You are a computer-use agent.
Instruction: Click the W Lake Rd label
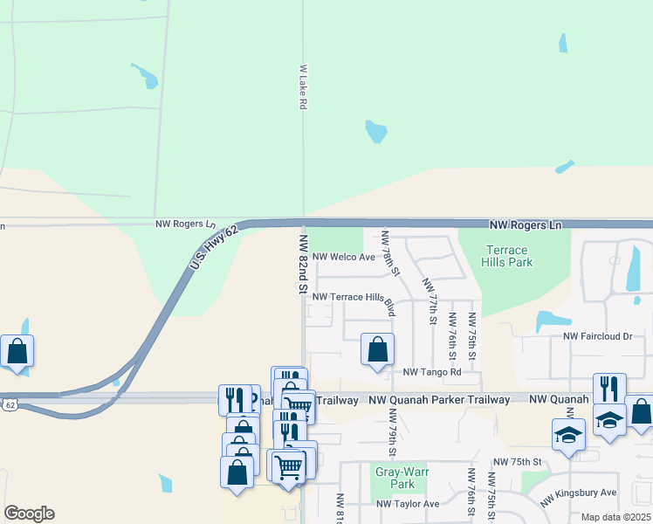(x=303, y=86)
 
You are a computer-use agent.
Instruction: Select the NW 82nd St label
(x=304, y=263)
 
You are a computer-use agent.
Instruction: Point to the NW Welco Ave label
(x=343, y=258)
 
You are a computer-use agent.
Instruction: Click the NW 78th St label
(x=389, y=254)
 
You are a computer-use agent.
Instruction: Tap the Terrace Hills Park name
(x=508, y=256)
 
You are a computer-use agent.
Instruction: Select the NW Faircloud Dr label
(x=597, y=336)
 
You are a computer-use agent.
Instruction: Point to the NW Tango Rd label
(x=431, y=372)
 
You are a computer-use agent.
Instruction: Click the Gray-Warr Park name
(x=394, y=477)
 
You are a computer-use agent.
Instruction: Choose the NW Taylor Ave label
(x=408, y=504)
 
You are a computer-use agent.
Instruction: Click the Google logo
(x=29, y=514)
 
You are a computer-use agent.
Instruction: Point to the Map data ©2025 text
(x=615, y=517)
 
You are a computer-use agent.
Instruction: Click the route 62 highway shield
(x=9, y=404)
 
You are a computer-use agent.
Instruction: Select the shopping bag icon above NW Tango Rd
(x=377, y=350)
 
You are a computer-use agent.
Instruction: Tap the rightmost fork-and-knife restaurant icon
(x=609, y=389)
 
